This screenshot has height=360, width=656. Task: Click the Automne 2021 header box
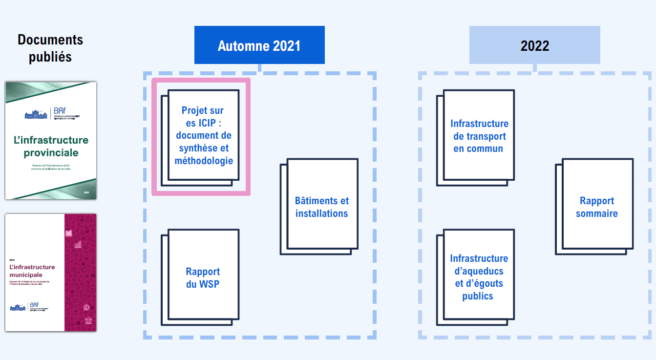(x=259, y=45)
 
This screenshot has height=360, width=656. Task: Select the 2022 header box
(x=535, y=45)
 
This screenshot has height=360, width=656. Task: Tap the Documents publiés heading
(x=50, y=48)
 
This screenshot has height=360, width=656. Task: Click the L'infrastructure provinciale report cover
(x=51, y=141)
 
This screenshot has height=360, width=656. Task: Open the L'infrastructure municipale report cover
(x=51, y=272)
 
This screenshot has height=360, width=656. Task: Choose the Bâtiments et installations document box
(x=322, y=207)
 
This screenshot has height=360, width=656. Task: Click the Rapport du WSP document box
(x=203, y=277)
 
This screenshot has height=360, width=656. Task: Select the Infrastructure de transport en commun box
(x=479, y=136)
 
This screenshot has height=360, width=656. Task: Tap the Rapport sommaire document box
(x=597, y=207)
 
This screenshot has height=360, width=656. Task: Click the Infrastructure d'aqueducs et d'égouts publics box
(x=479, y=277)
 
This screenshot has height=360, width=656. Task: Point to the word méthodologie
(x=204, y=161)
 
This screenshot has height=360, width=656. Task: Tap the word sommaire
(x=597, y=213)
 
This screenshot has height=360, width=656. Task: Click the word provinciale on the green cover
(x=51, y=152)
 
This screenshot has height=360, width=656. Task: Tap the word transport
(x=485, y=136)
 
